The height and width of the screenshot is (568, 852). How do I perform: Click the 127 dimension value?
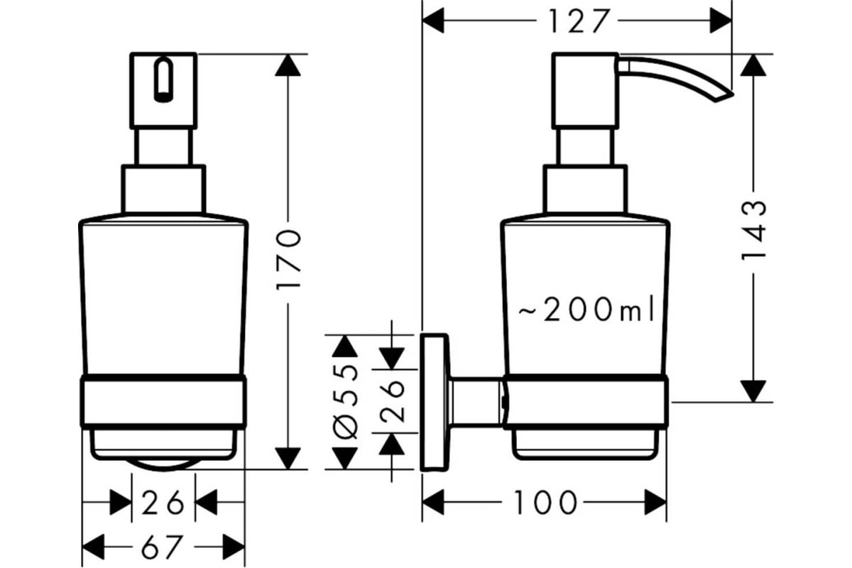[x=579, y=21]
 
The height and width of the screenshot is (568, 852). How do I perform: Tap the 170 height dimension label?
[x=288, y=261]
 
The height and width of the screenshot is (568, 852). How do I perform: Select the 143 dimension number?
[x=753, y=231]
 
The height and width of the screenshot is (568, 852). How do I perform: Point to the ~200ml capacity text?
[x=586, y=310]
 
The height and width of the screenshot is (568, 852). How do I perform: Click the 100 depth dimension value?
[x=545, y=503]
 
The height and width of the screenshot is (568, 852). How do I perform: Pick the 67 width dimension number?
[x=163, y=547]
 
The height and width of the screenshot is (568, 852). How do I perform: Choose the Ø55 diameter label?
[x=345, y=402]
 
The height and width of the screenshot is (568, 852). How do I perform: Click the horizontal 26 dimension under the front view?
[x=163, y=502]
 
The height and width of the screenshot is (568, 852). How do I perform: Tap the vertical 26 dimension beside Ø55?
[x=392, y=401]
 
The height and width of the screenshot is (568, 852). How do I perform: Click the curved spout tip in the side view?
[x=723, y=98]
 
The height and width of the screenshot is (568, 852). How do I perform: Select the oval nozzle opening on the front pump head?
[x=163, y=80]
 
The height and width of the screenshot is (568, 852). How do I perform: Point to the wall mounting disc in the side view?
[x=435, y=403]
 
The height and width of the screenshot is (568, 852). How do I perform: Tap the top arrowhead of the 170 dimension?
[x=288, y=65]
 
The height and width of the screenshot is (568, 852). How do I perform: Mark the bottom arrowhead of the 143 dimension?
[x=753, y=391]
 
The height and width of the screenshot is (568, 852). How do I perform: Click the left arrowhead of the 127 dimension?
[x=433, y=21]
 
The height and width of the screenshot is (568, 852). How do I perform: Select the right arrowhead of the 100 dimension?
[x=655, y=503]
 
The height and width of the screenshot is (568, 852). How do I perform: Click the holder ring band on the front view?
[x=163, y=402]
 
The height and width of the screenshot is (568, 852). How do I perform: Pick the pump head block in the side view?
[x=585, y=91]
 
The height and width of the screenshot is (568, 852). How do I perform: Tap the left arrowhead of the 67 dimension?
[x=93, y=547]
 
